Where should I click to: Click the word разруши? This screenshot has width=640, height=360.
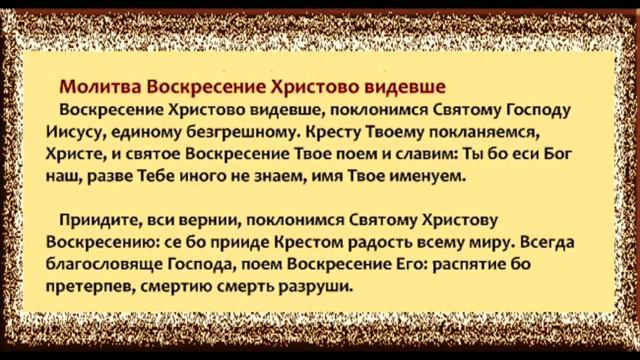click(320, 287)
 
